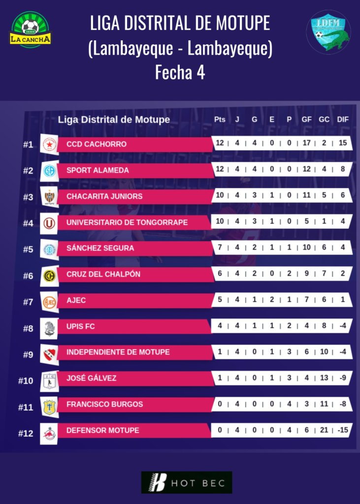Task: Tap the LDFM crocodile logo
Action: pos(328,31)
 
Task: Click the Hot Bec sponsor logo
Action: pos(186,482)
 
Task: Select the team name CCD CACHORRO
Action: pos(97,144)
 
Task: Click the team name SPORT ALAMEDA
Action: pos(98,170)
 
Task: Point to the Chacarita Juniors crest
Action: pos(49,196)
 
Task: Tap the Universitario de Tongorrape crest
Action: pos(49,222)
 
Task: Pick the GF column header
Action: pos(306,120)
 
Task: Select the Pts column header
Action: pos(220,120)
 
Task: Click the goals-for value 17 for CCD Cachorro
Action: pos(306,143)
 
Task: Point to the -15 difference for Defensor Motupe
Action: pos(343,430)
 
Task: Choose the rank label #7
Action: pos(28,302)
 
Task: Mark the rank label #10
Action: pos(26,380)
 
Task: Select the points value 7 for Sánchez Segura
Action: pos(220,248)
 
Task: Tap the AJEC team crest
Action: pos(49,301)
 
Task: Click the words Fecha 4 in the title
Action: pos(180,73)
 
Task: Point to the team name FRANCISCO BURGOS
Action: pos(104,404)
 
